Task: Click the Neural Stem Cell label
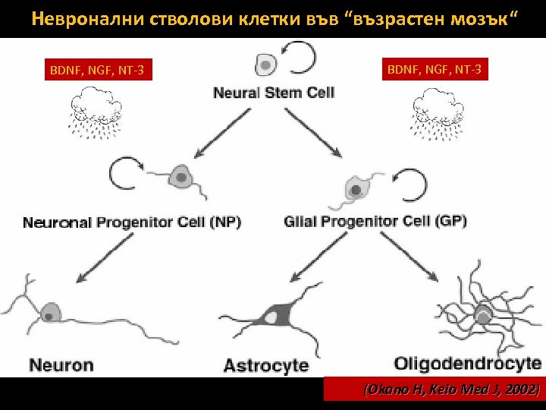(x=274, y=93)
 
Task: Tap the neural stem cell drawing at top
(x=265, y=65)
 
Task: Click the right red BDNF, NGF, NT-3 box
(x=434, y=71)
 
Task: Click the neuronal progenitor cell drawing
(x=180, y=178)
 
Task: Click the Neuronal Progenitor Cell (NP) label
(x=132, y=222)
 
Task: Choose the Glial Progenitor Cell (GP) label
(x=375, y=222)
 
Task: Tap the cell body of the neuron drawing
(x=51, y=312)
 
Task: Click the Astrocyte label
(x=265, y=365)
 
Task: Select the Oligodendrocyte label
(x=468, y=363)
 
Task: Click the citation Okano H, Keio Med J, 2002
(x=452, y=389)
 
